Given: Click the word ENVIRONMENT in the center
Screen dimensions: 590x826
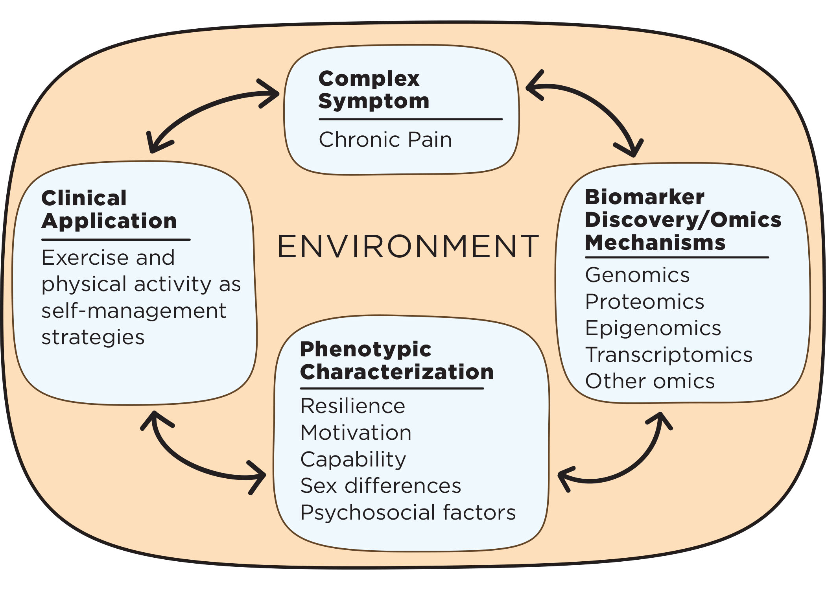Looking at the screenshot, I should tap(408, 247).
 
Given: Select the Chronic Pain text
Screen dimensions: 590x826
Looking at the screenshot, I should tap(385, 140).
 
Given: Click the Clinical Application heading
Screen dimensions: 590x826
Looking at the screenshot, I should tap(109, 209).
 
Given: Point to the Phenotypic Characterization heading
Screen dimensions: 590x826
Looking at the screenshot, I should tap(396, 360).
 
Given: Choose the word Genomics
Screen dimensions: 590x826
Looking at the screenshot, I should tap(637, 275).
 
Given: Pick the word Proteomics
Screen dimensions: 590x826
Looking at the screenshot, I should tap(644, 302).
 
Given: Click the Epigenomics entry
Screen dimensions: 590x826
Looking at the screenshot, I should tap(653, 328).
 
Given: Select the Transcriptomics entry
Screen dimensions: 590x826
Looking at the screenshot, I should tap(669, 355).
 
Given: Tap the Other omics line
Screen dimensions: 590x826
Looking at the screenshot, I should tap(650, 381).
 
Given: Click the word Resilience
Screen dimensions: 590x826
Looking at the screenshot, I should tap(352, 406).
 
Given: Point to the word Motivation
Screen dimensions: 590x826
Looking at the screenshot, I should tap(356, 433).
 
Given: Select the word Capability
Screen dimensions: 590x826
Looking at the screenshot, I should tap(353, 459).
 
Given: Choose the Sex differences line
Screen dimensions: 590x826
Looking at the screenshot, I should tap(380, 486).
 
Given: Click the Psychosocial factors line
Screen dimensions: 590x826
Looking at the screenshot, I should tap(408, 513).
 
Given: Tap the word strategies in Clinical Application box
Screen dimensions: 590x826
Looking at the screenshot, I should tap(93, 337).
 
